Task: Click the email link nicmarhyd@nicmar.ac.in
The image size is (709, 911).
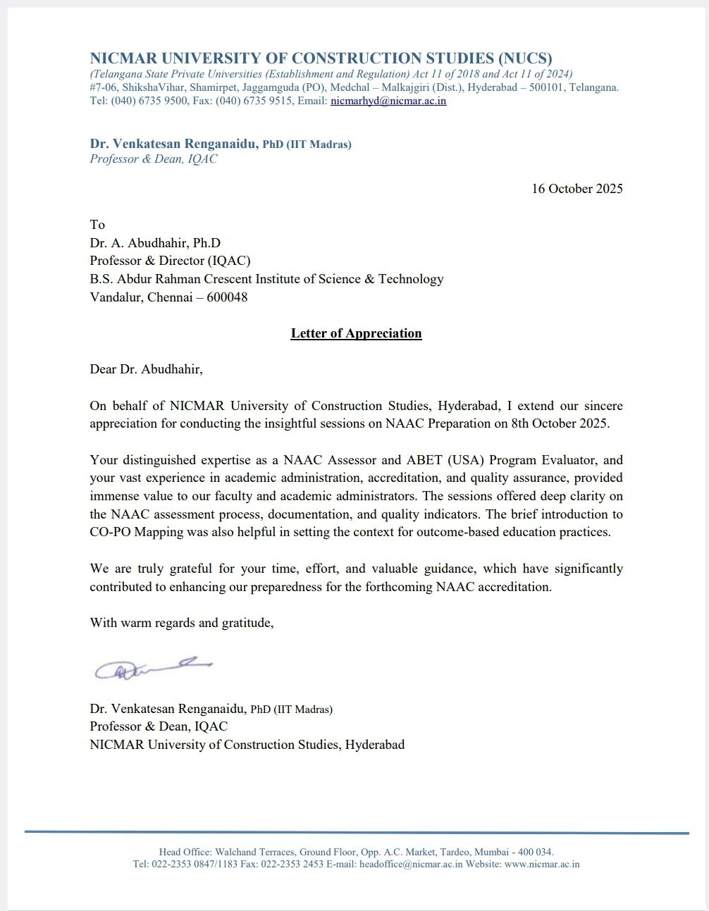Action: pyautogui.click(x=388, y=101)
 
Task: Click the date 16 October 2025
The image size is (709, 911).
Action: pyautogui.click(x=577, y=189)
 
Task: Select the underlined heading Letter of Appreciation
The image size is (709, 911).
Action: pyautogui.click(x=356, y=333)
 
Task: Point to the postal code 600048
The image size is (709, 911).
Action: pyautogui.click(x=227, y=297)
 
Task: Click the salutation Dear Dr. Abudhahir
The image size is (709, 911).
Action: pyautogui.click(x=146, y=369)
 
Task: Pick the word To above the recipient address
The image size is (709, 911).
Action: pyautogui.click(x=97, y=225)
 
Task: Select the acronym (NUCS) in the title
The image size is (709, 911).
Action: pyautogui.click(x=525, y=58)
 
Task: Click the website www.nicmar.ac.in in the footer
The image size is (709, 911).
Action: pyautogui.click(x=542, y=864)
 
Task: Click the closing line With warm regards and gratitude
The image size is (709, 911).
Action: pyautogui.click(x=181, y=623)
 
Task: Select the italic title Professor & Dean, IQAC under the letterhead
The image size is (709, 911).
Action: pyautogui.click(x=154, y=159)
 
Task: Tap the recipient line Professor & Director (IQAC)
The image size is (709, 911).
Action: pyautogui.click(x=170, y=261)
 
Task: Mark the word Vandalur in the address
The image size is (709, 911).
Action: pyautogui.click(x=115, y=297)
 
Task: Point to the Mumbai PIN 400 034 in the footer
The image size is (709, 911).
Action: pyautogui.click(x=535, y=852)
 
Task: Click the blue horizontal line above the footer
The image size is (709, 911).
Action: pyautogui.click(x=356, y=833)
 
